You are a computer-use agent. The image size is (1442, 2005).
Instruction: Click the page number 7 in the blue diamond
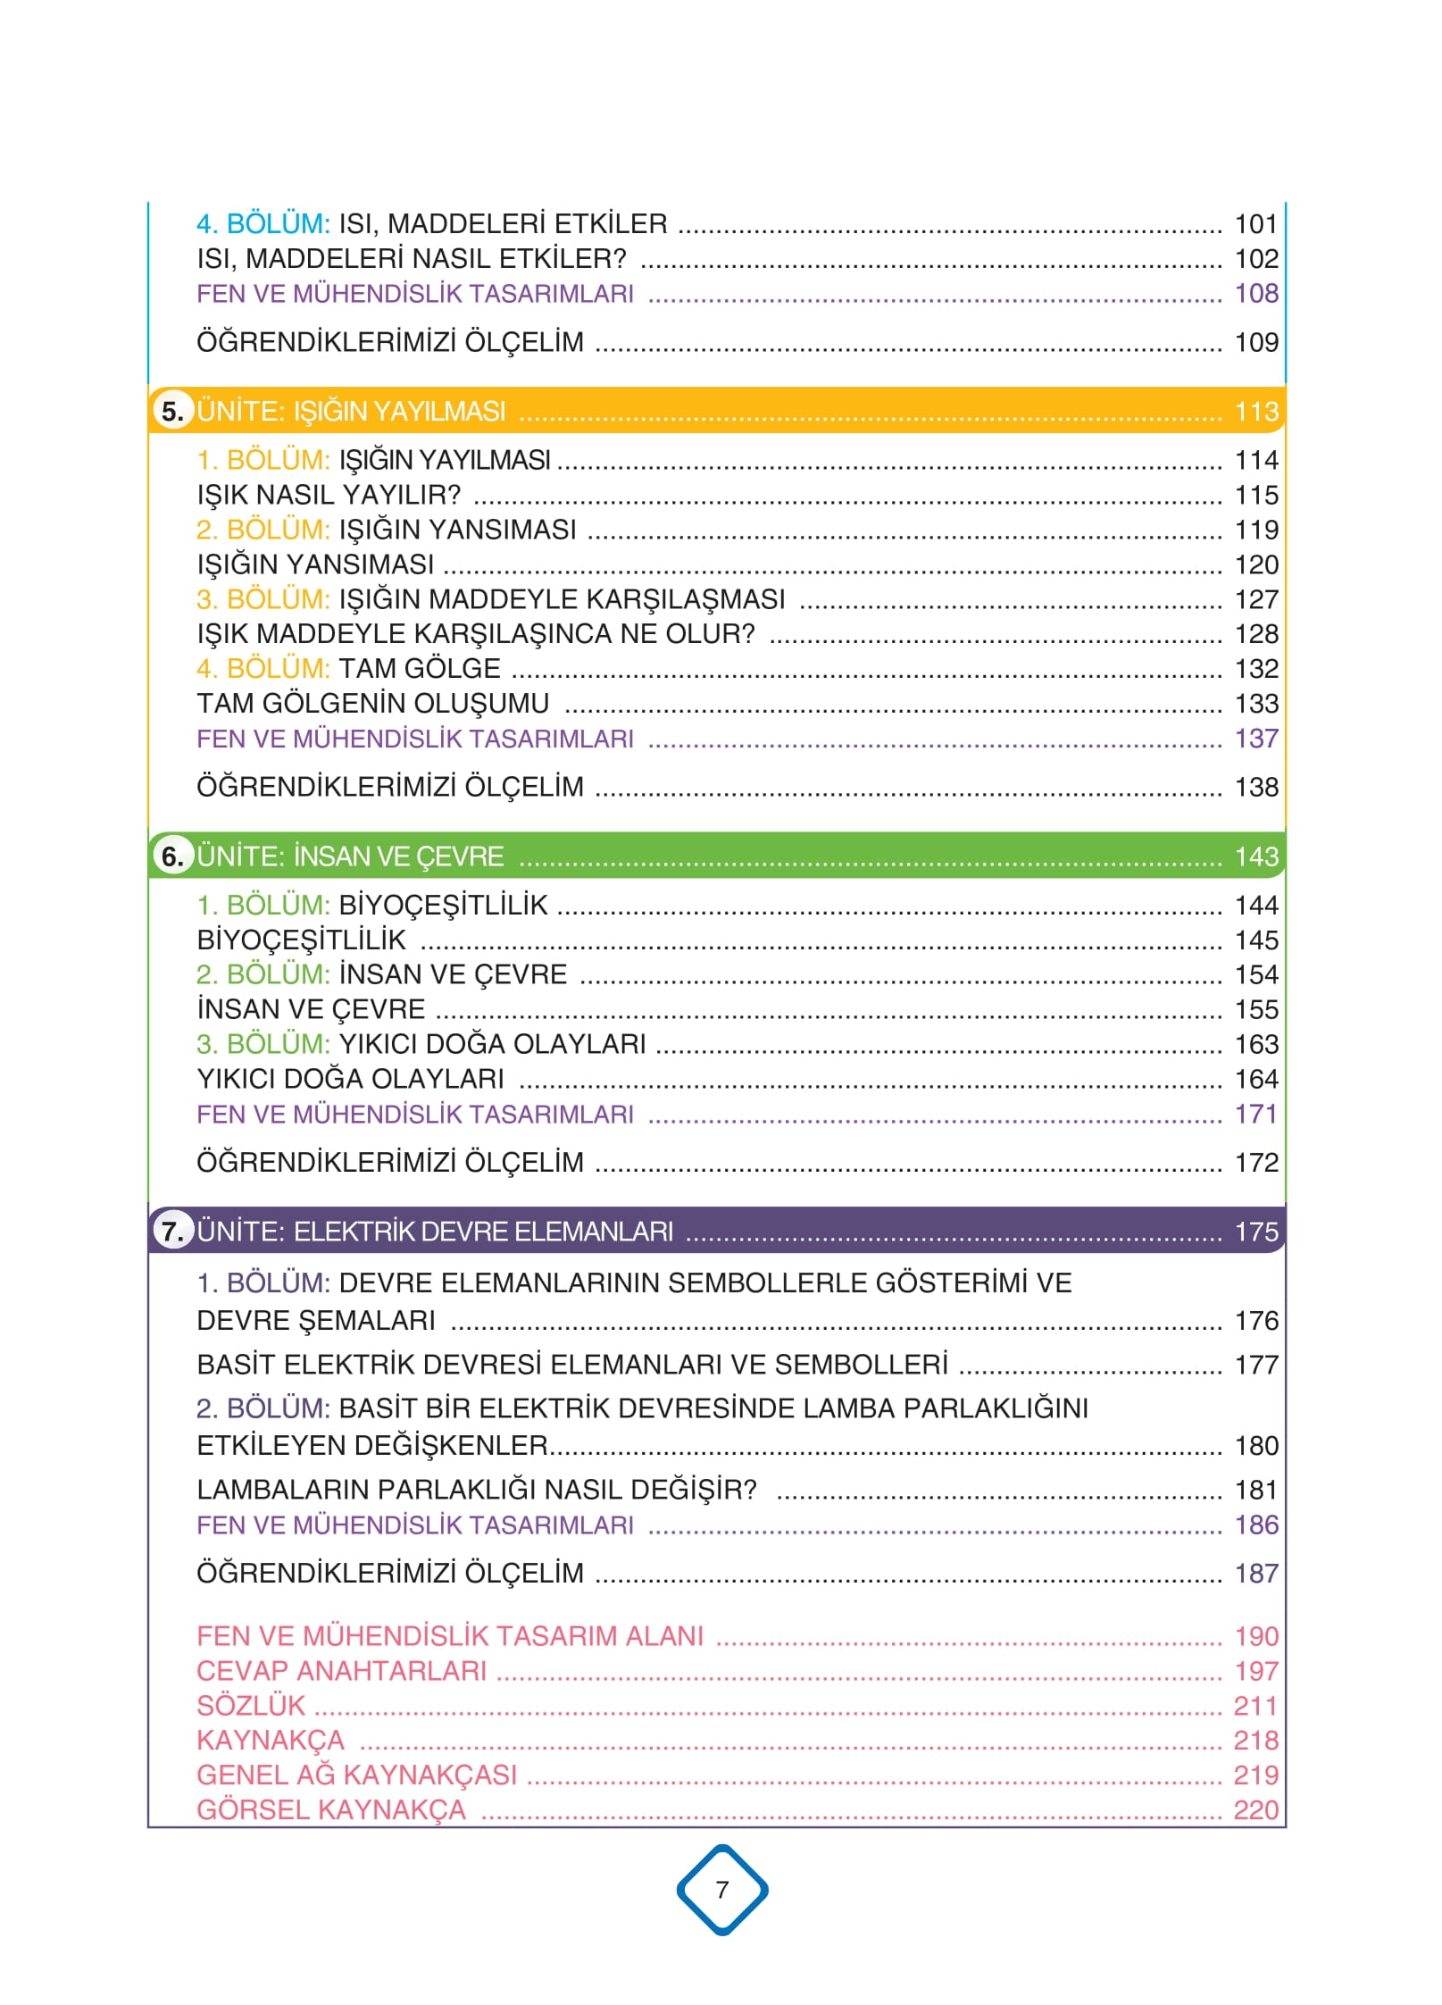pyautogui.click(x=721, y=1889)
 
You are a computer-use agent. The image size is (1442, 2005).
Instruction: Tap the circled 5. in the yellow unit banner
pyautogui.click(x=172, y=412)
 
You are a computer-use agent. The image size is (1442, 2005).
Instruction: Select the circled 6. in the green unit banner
pyautogui.click(x=172, y=856)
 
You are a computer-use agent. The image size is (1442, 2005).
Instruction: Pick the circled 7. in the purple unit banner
pyautogui.click(x=172, y=1232)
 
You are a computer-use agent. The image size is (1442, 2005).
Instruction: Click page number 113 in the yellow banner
pyautogui.click(x=1255, y=412)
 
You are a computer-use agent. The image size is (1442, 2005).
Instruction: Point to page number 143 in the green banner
pyautogui.click(x=1255, y=856)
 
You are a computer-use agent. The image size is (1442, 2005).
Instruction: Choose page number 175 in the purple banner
pyautogui.click(x=1255, y=1232)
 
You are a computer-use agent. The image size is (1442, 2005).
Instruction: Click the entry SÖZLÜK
pyautogui.click(x=251, y=1705)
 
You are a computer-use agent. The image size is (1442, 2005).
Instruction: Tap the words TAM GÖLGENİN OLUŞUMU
pyautogui.click(x=372, y=704)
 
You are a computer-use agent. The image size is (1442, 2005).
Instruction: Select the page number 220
pyautogui.click(x=1255, y=1809)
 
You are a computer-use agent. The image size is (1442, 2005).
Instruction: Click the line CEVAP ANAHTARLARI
pyautogui.click(x=341, y=1670)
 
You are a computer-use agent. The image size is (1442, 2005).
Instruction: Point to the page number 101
pyautogui.click(x=1255, y=223)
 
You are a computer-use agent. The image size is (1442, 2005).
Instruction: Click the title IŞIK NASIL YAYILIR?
pyautogui.click(x=329, y=495)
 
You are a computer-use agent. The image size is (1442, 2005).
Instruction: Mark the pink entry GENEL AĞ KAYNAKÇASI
pyautogui.click(x=356, y=1775)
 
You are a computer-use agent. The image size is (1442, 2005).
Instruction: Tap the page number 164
pyautogui.click(x=1255, y=1079)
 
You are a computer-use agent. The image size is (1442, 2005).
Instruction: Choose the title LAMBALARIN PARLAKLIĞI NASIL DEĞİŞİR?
pyautogui.click(x=476, y=1490)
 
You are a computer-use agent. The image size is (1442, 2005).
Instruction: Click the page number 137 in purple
pyautogui.click(x=1255, y=739)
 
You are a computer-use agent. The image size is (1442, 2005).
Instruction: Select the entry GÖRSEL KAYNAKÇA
pyautogui.click(x=330, y=1809)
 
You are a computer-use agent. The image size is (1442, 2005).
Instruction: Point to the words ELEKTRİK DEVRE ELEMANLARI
pyautogui.click(x=483, y=1232)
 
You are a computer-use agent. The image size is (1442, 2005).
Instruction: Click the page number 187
pyautogui.click(x=1255, y=1573)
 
